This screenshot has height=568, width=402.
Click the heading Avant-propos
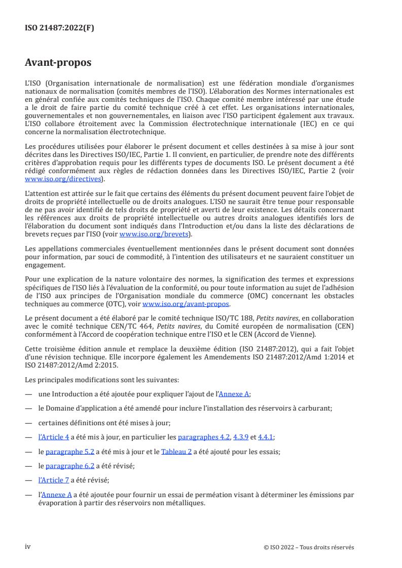(x=58, y=63)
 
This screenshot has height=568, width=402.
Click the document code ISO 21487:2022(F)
(x=59, y=28)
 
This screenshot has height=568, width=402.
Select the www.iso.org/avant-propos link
(x=186, y=304)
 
